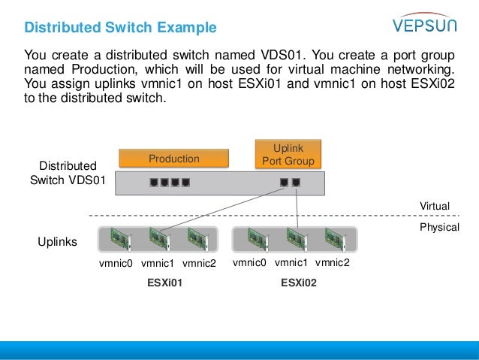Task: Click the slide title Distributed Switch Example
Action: pyautogui.click(x=120, y=29)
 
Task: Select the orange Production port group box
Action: pyautogui.click(x=173, y=159)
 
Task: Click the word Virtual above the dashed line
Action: pyautogui.click(x=434, y=206)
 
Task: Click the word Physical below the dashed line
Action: pyautogui.click(x=438, y=226)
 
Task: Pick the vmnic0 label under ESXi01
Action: pyautogui.click(x=116, y=263)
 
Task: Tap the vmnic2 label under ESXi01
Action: pyautogui.click(x=199, y=263)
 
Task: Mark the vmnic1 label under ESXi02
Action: pyautogui.click(x=291, y=262)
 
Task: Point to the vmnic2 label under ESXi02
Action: pyautogui.click(x=333, y=262)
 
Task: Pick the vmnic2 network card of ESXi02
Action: pyautogui.click(x=333, y=238)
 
